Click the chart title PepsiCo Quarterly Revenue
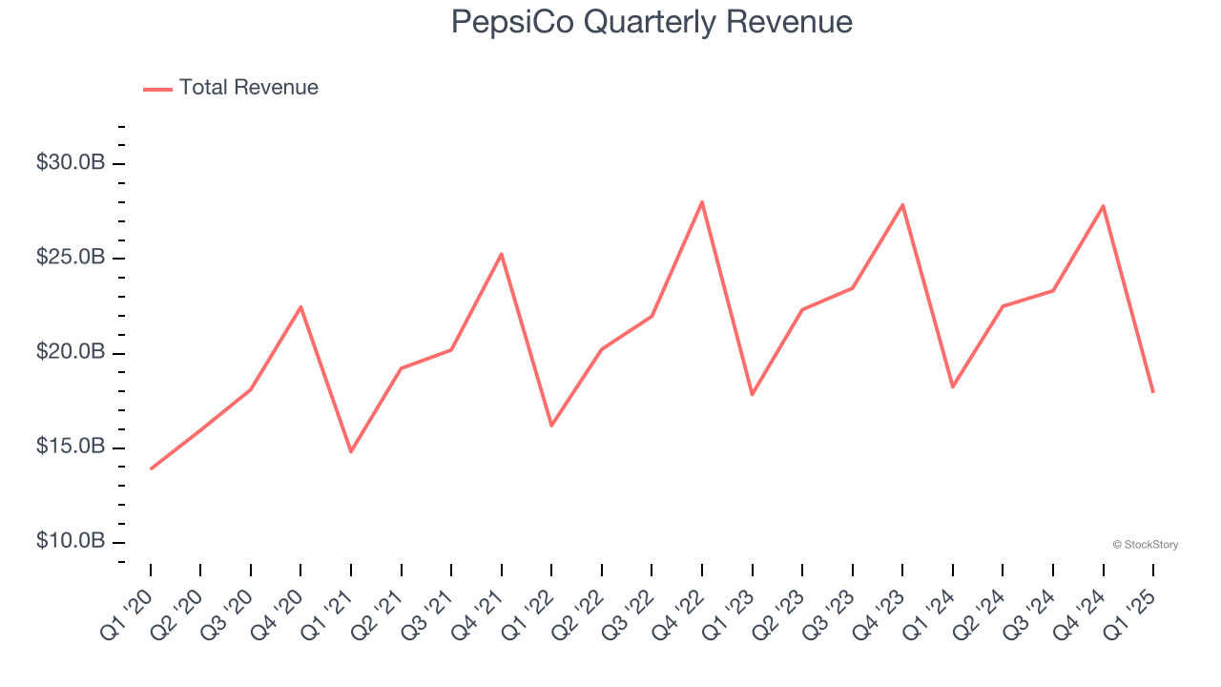(652, 23)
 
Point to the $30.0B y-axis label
(71, 163)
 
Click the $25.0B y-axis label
(71, 258)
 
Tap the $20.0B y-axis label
(71, 352)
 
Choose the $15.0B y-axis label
(71, 447)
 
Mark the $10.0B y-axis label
(71, 541)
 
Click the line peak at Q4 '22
(702, 202)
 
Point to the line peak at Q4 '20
(300, 307)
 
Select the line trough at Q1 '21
(351, 451)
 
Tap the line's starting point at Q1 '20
(151, 468)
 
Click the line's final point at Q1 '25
(1153, 392)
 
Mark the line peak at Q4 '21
(502, 254)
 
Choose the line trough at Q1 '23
(752, 394)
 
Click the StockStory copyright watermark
(1145, 545)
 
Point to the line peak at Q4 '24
(1104, 206)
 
